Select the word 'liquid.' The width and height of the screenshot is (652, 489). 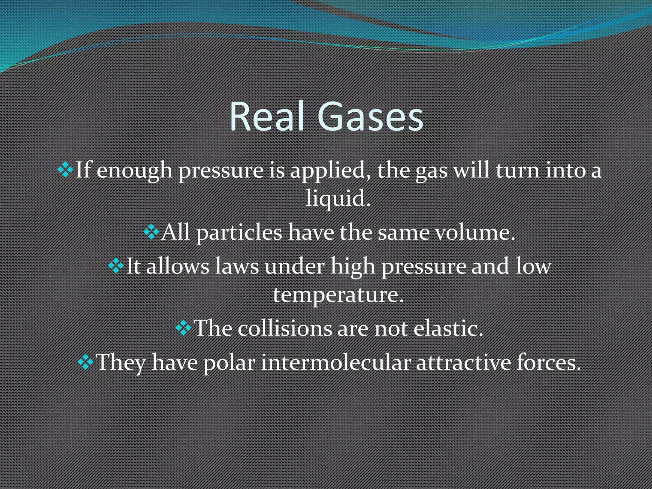point(338,198)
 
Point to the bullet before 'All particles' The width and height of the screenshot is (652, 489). point(151,232)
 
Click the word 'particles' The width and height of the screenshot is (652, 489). point(239,233)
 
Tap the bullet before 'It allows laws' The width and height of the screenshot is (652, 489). point(116,266)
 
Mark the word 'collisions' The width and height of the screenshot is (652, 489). point(285,328)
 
